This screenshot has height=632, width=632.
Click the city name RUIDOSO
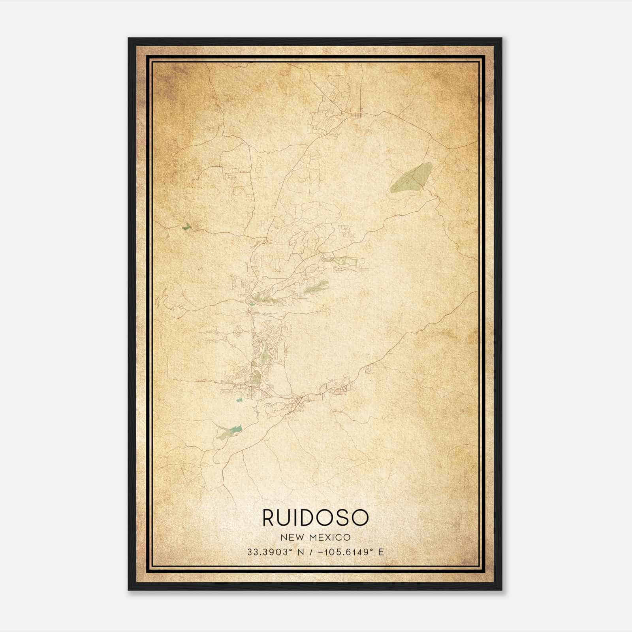(x=316, y=518)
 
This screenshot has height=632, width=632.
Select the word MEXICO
(x=330, y=537)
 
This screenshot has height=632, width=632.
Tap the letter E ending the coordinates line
(x=381, y=552)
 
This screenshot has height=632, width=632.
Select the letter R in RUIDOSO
(x=270, y=518)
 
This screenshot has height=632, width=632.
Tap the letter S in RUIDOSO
(x=342, y=518)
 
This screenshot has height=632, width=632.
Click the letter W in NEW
(x=300, y=537)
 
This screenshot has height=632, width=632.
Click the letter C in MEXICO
(x=340, y=537)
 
